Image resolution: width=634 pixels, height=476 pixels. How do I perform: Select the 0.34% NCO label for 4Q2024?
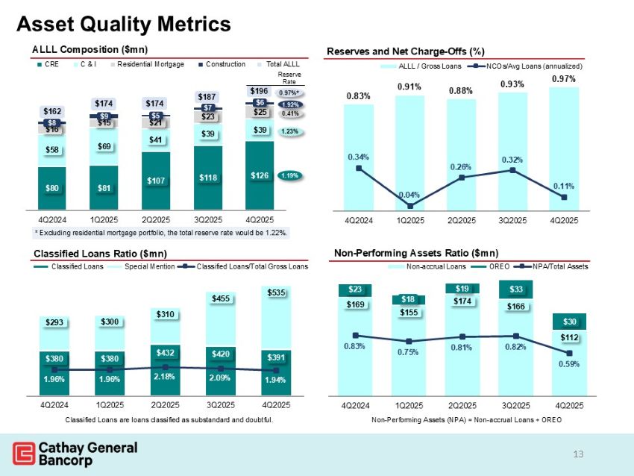358,157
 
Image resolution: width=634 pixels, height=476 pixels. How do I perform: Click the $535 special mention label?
276,292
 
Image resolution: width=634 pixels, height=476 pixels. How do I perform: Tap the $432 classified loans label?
166,351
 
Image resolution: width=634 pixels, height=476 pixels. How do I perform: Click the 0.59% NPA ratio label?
569,364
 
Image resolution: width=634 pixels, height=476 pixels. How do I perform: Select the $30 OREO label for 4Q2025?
569,322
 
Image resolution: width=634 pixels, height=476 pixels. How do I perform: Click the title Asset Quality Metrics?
124,24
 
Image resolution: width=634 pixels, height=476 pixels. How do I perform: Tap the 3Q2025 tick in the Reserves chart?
512,220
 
